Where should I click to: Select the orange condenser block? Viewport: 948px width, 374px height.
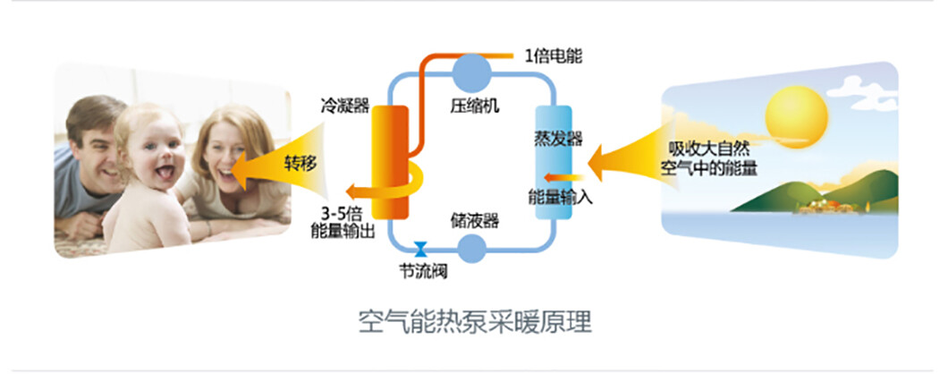[388, 162]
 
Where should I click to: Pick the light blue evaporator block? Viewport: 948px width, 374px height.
[552, 162]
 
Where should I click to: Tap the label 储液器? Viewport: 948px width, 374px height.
[474, 219]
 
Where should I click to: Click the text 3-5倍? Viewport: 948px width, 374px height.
[343, 213]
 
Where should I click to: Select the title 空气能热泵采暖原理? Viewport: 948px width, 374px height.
[474, 320]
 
